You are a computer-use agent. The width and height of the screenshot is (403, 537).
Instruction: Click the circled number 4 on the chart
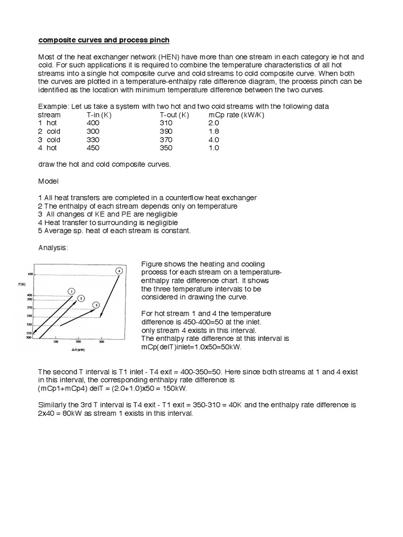pyautogui.click(x=119, y=271)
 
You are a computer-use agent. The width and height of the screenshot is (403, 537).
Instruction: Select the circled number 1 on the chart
pyautogui.click(x=71, y=291)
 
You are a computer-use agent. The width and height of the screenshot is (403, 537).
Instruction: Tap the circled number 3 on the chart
pyautogui.click(x=96, y=305)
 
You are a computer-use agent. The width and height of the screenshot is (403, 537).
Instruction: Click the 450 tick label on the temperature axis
pyautogui.click(x=30, y=274)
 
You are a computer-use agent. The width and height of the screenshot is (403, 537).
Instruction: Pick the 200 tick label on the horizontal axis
pyautogui.click(x=79, y=342)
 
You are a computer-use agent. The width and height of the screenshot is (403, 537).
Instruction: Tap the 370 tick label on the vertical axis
pyautogui.click(x=30, y=308)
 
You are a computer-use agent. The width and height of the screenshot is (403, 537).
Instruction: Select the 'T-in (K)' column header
pyautogui.click(x=98, y=114)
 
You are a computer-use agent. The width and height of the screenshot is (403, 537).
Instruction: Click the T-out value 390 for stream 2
pyautogui.click(x=166, y=131)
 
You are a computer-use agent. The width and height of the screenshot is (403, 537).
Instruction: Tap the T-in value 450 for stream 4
pyautogui.click(x=92, y=148)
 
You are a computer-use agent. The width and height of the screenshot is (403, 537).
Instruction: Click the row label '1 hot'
pyautogui.click(x=48, y=123)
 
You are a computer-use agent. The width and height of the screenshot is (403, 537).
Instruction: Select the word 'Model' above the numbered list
pyautogui.click(x=48, y=180)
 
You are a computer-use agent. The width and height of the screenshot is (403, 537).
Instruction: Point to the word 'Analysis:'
pyautogui.click(x=53, y=248)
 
